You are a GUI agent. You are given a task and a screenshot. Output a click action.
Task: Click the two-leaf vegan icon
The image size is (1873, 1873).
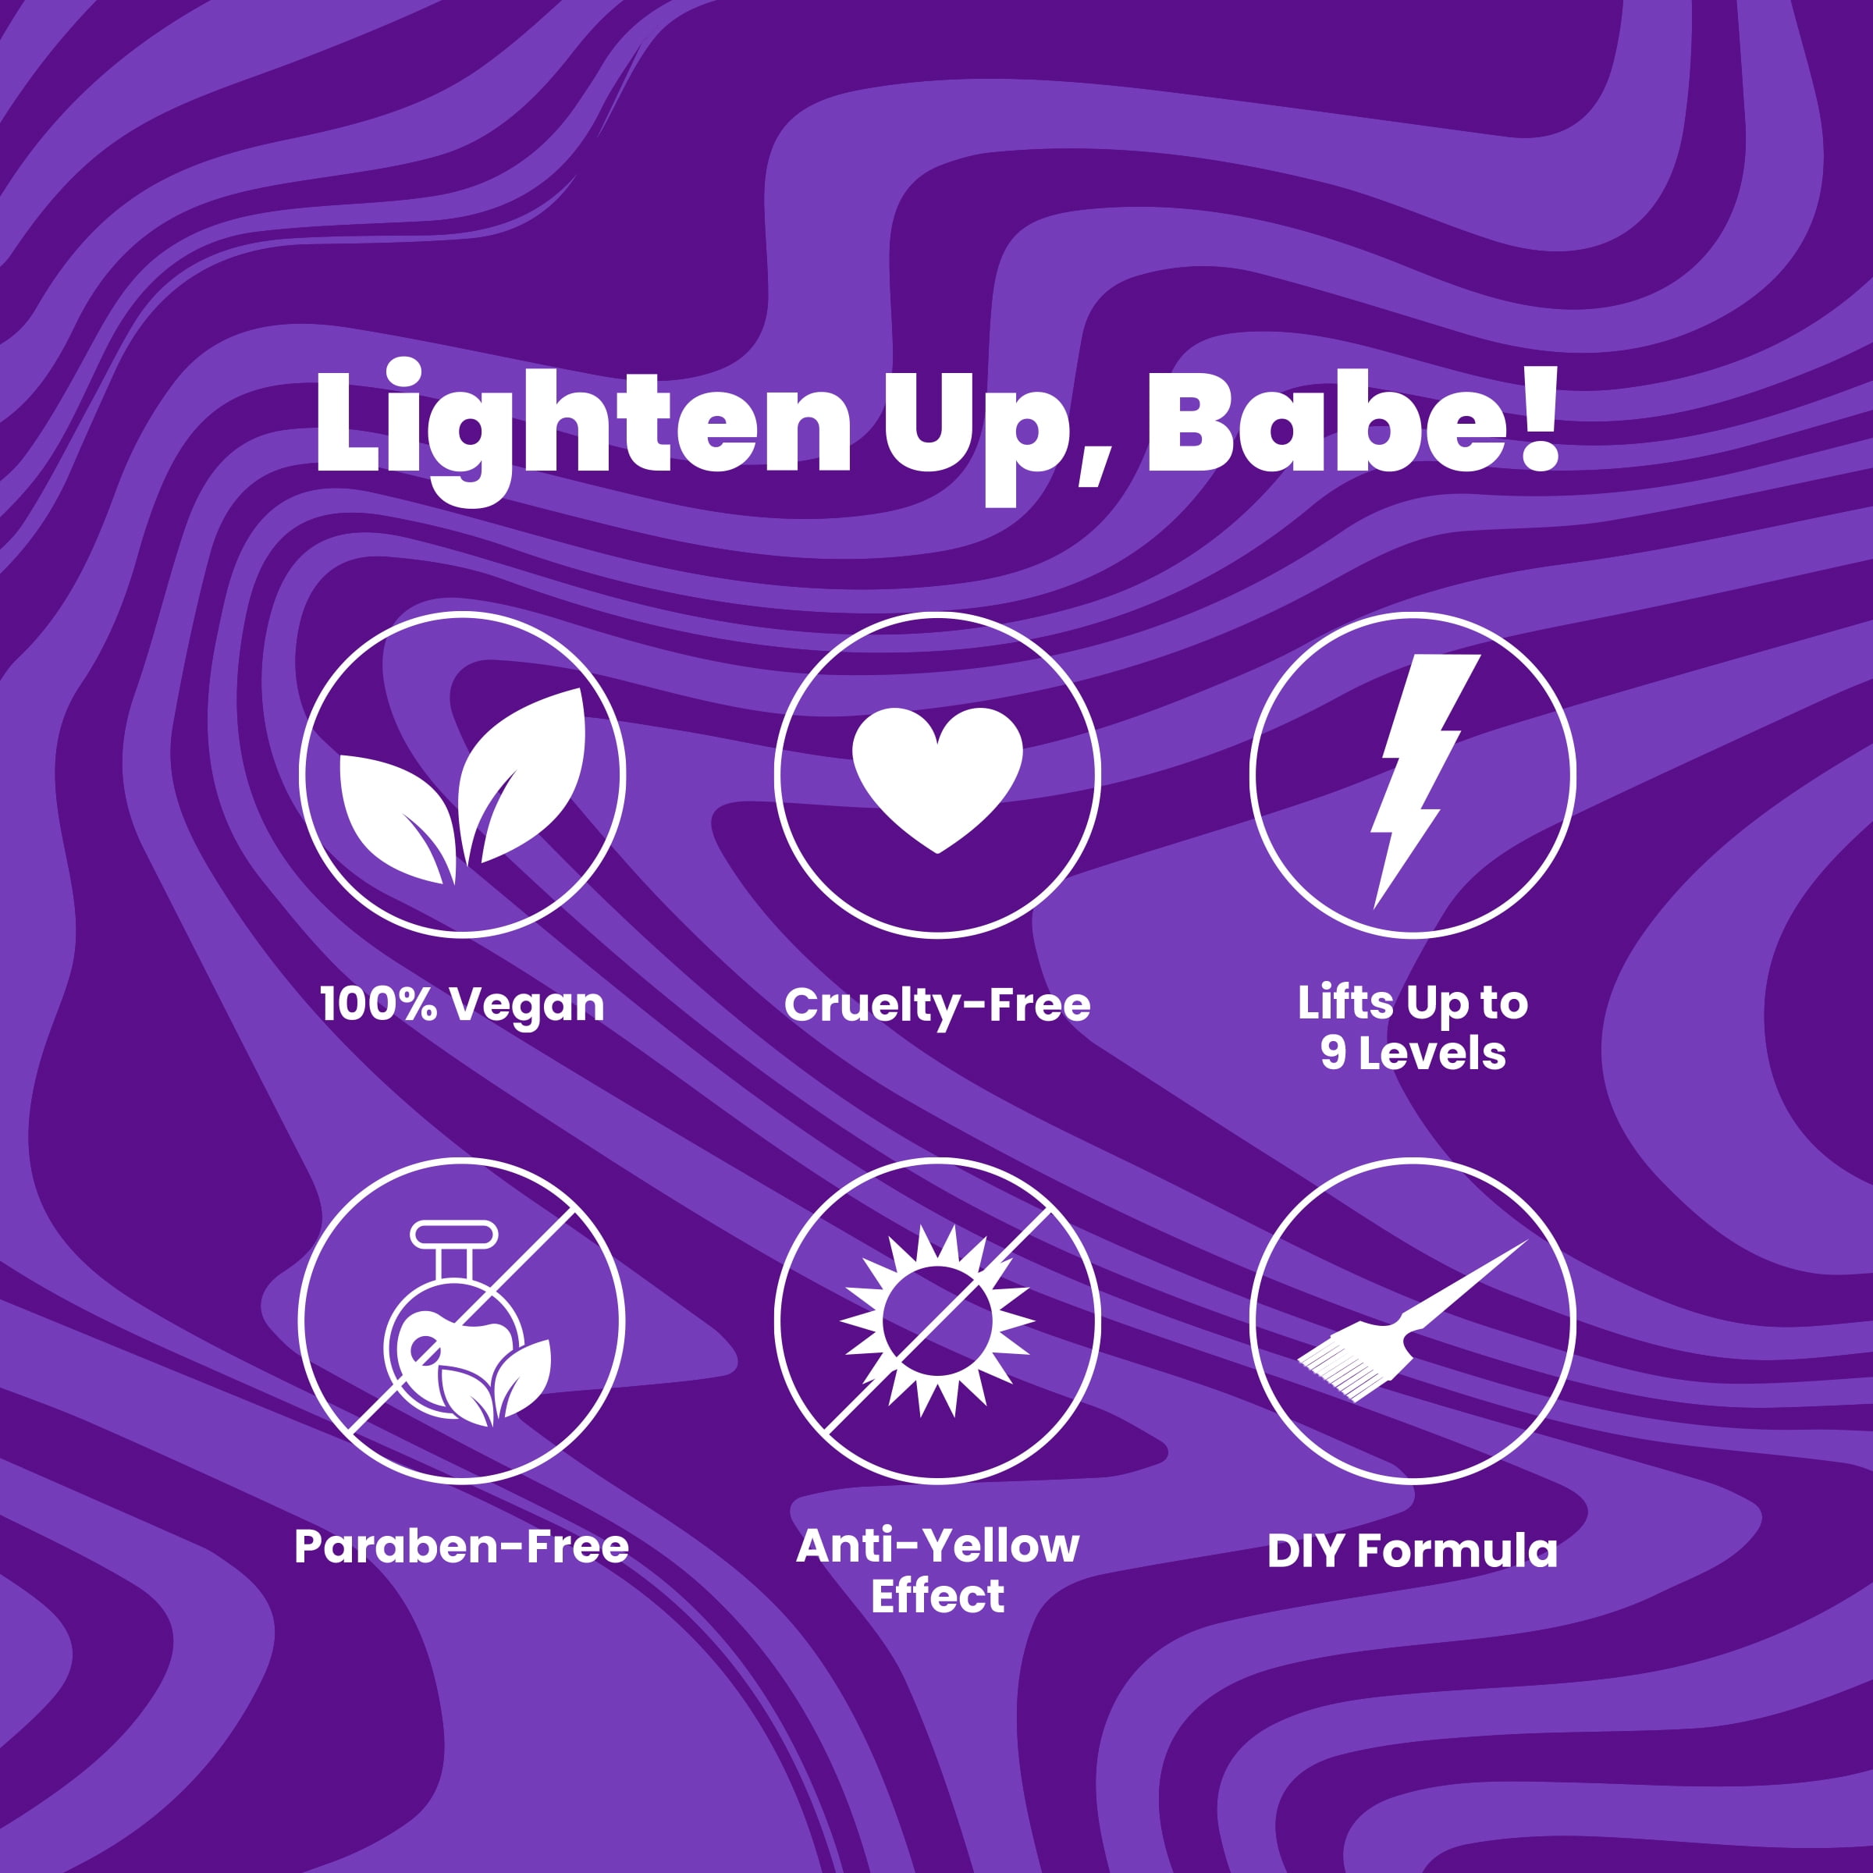tap(463, 785)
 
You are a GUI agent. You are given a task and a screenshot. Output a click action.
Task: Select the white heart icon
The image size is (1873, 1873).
tap(937, 780)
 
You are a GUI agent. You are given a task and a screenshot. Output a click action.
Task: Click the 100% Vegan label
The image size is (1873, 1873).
tap(463, 1005)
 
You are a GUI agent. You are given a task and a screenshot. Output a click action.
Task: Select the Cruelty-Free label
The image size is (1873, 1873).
tap(937, 1004)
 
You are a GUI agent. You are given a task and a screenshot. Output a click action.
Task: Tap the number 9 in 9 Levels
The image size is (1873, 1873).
tap(1333, 1053)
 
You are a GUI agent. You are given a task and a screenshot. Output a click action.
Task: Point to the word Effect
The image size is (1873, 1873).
tap(937, 1596)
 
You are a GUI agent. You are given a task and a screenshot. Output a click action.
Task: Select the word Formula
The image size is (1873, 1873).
tap(1457, 1551)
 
